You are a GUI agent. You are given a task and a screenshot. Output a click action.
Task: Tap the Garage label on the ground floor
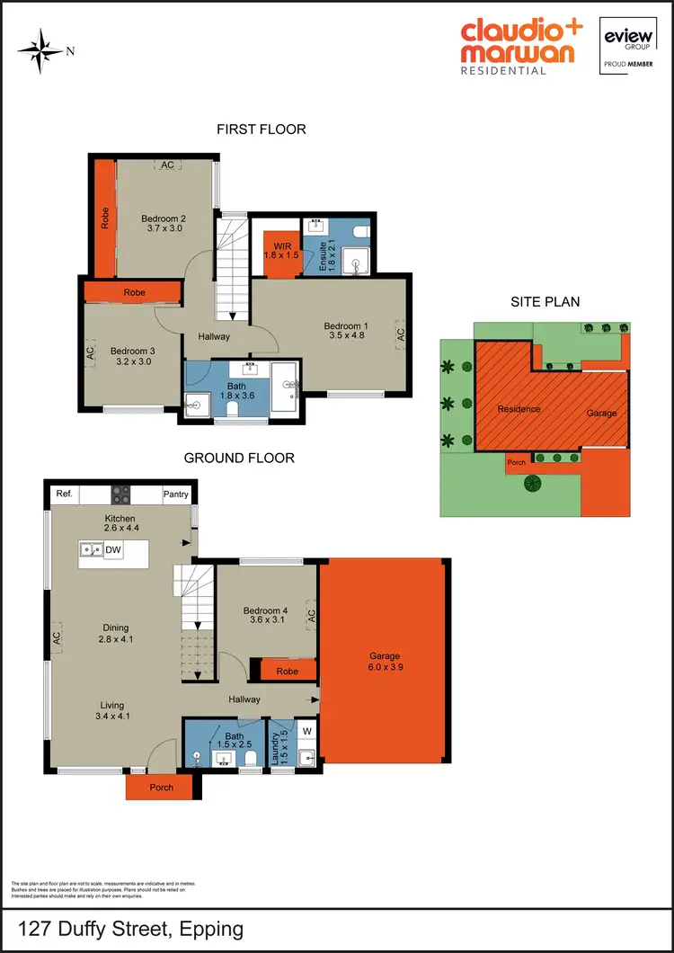point(383,656)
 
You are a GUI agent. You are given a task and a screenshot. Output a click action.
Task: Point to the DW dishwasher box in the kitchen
point(113,550)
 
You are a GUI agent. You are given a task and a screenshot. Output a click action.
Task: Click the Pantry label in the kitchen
point(176,494)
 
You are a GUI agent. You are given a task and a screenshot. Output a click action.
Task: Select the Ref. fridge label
point(64,494)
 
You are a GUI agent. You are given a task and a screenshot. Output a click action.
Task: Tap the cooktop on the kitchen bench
point(120,494)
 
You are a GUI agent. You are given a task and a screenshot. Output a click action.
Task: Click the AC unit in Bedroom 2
point(167,165)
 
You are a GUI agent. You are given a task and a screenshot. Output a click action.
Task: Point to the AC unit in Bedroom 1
point(400,334)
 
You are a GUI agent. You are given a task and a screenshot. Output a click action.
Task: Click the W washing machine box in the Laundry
point(306,730)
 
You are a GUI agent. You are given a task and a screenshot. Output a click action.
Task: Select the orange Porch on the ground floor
point(161,788)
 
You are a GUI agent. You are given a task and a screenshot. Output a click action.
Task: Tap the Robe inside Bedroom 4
point(288,671)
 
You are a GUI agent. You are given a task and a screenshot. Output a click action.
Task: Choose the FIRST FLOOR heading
point(262,129)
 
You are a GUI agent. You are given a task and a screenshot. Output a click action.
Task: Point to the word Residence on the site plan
point(519,409)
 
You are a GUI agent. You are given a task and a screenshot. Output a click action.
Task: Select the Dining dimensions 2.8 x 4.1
point(115,640)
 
